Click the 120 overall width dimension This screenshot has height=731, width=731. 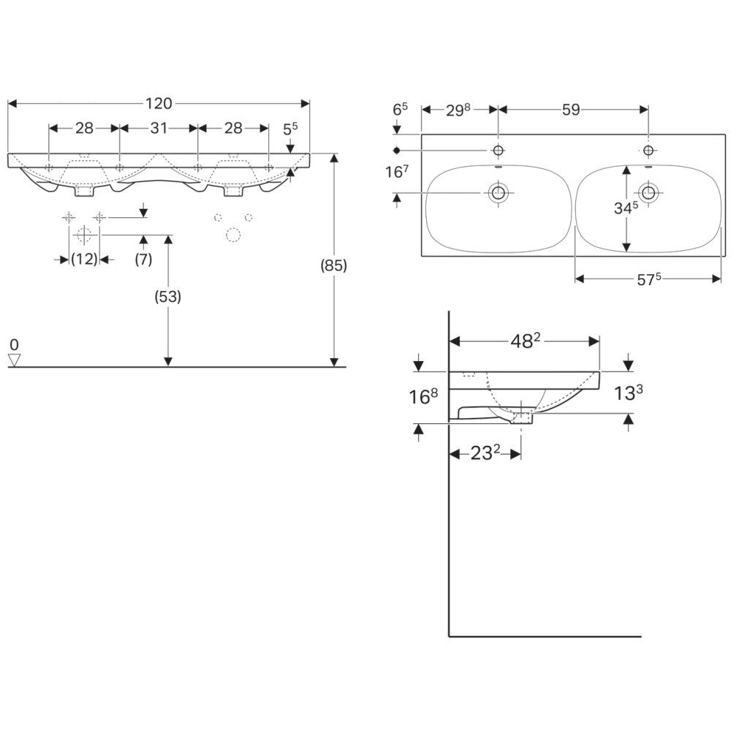[x=159, y=103]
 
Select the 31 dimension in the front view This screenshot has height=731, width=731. [x=159, y=128]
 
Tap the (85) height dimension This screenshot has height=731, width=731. [x=333, y=265]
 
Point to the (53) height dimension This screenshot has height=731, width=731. [x=168, y=296]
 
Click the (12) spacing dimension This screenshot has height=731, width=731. [x=84, y=259]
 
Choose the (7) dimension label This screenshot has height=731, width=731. [x=143, y=259]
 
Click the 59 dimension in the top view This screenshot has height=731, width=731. [x=571, y=110]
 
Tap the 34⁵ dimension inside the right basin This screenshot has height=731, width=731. [x=626, y=208]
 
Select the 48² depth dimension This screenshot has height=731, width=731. [x=525, y=341]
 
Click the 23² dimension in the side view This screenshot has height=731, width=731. [x=485, y=452]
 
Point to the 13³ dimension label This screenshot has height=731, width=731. [x=627, y=393]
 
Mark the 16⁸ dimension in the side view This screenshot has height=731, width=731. [x=423, y=396]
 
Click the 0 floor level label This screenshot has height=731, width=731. [x=14, y=344]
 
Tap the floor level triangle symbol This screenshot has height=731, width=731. [x=15, y=360]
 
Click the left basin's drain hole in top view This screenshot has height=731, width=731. [x=499, y=192]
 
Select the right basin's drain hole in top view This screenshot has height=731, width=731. [x=648, y=192]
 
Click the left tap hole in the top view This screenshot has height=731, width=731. [x=499, y=150]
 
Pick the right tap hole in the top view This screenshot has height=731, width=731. [x=648, y=150]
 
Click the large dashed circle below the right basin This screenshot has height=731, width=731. [x=233, y=235]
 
